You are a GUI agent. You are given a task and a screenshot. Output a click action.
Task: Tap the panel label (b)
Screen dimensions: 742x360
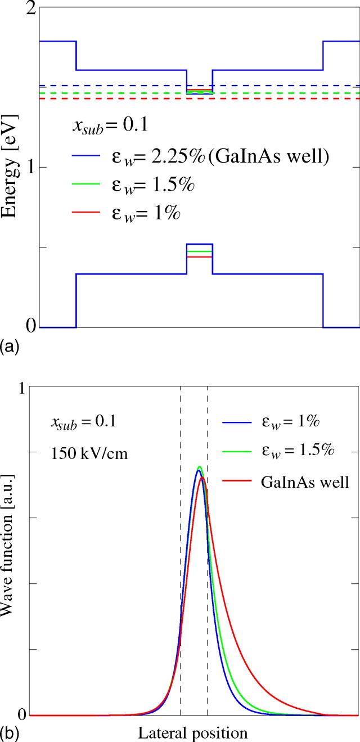coord(10,733)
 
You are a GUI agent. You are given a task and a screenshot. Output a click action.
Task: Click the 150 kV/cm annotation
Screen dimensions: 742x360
coord(88,452)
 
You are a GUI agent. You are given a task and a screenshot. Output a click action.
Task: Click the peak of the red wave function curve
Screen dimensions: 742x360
coord(202,478)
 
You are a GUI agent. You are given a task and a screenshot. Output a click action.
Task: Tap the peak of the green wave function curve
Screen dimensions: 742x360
coord(199,467)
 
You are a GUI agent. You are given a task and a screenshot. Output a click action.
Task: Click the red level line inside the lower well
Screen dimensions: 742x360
coord(199,257)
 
